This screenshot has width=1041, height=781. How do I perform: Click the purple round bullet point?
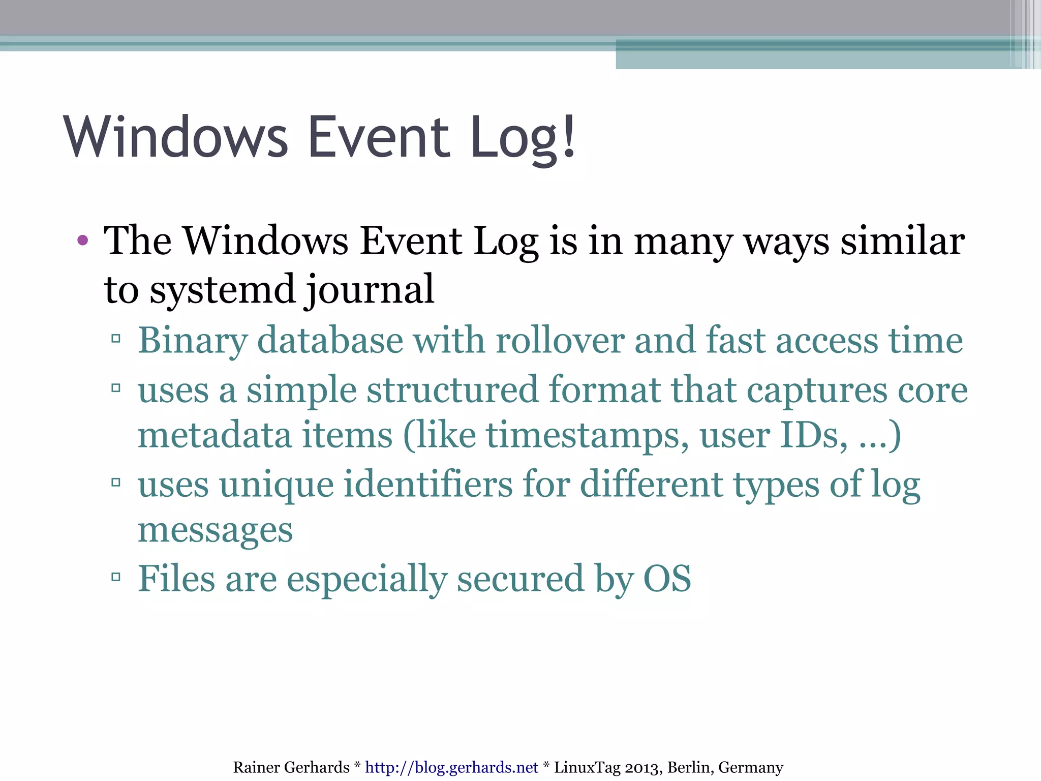[83, 240]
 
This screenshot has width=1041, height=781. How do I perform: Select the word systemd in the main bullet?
[222, 289]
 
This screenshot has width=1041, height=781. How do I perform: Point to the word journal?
[370, 289]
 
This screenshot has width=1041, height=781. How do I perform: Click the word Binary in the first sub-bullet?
[193, 340]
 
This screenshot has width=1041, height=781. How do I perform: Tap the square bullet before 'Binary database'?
[116, 339]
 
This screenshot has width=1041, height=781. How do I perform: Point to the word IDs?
[813, 435]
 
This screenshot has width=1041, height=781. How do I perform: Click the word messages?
[215, 530]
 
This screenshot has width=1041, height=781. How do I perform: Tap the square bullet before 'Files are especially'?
[116, 577]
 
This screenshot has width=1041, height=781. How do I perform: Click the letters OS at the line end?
[667, 579]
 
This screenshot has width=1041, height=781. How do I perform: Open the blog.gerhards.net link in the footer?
[451, 767]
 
